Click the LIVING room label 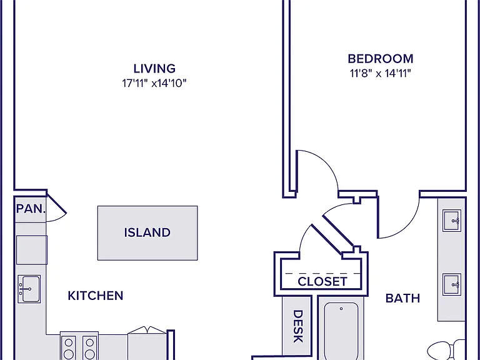[x=154, y=68]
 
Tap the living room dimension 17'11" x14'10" [x=154, y=83]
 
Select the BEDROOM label [x=381, y=59]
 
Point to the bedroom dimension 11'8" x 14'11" [x=380, y=74]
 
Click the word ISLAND [x=147, y=232]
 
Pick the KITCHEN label [x=96, y=296]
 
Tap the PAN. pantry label [x=31, y=209]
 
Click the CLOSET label [x=322, y=281]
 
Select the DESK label [x=298, y=326]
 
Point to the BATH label [x=402, y=298]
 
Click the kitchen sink [x=29, y=289]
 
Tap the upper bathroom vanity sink [x=451, y=221]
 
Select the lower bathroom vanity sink [x=451, y=284]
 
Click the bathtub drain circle [x=341, y=309]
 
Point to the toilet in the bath [x=446, y=350]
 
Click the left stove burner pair [x=69, y=348]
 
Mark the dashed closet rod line [x=322, y=273]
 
